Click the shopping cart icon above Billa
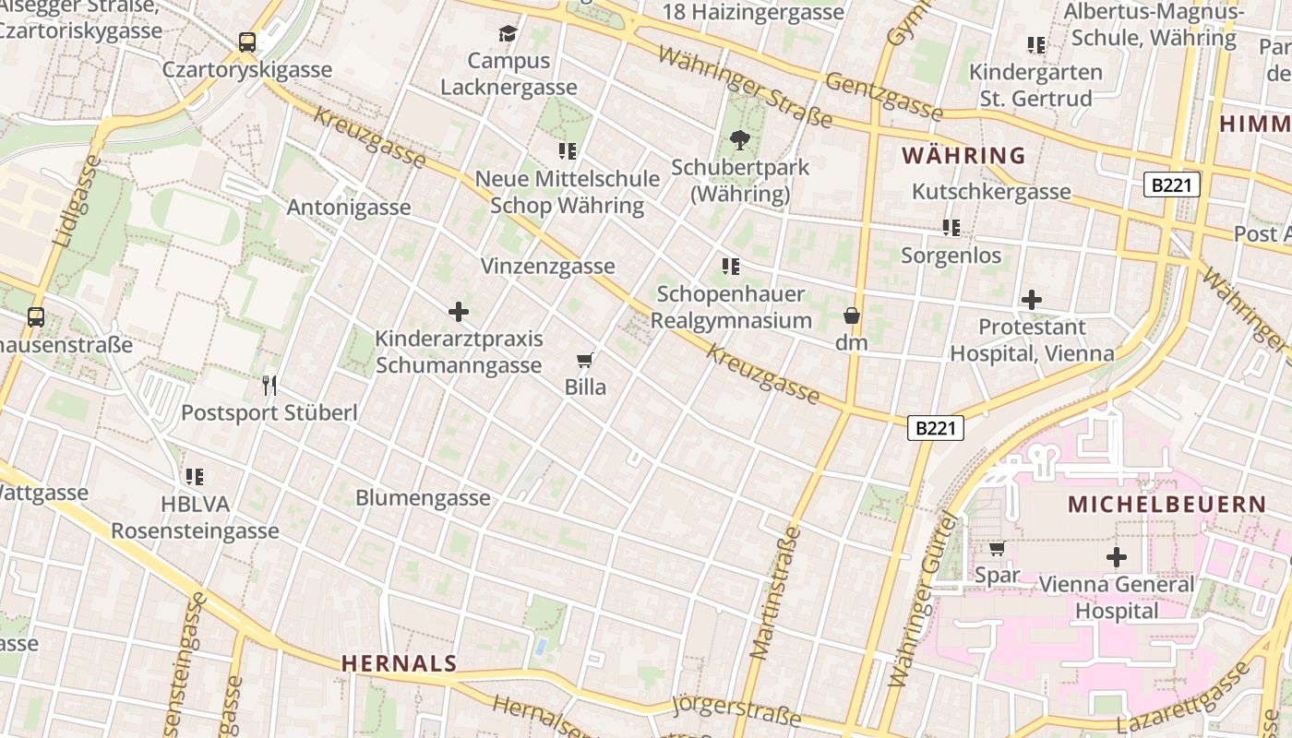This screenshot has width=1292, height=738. (583, 360)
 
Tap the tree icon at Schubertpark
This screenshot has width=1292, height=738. (739, 140)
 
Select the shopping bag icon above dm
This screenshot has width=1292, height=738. (852, 315)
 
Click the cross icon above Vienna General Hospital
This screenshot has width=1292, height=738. (1117, 557)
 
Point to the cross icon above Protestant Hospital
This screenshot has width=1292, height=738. (1032, 300)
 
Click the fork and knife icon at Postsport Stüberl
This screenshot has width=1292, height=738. (269, 385)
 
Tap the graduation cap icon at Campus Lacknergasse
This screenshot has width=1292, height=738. (508, 34)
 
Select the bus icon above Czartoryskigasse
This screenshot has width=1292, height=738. (246, 42)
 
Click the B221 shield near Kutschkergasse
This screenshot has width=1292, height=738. (1172, 184)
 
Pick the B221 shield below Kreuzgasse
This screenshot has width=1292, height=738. (936, 428)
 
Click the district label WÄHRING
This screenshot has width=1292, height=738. (963, 155)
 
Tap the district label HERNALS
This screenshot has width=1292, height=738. (399, 662)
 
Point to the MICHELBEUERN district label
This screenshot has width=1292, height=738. (1166, 505)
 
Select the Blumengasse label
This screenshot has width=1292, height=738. (423, 498)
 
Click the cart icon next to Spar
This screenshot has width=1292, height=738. (997, 549)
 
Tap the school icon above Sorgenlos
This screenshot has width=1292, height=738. (951, 227)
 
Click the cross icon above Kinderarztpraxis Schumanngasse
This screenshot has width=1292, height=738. (458, 312)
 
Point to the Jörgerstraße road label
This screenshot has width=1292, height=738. (736, 711)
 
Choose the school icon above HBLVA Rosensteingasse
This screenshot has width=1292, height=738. (194, 477)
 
